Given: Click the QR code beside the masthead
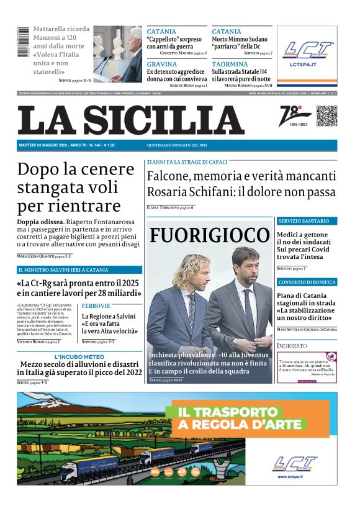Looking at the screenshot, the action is (x=326, y=116).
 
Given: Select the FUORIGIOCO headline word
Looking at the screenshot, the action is (x=210, y=235).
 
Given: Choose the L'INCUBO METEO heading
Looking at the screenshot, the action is (x=79, y=357).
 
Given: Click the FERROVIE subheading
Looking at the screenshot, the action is (x=96, y=306).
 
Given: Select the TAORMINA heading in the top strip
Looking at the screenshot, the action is (x=229, y=64).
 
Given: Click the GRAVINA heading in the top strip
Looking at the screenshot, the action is (x=161, y=64).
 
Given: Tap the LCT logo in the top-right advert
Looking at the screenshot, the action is (x=308, y=51).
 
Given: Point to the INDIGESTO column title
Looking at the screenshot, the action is (x=292, y=345).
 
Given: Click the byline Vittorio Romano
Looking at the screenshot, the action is (x=33, y=341).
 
